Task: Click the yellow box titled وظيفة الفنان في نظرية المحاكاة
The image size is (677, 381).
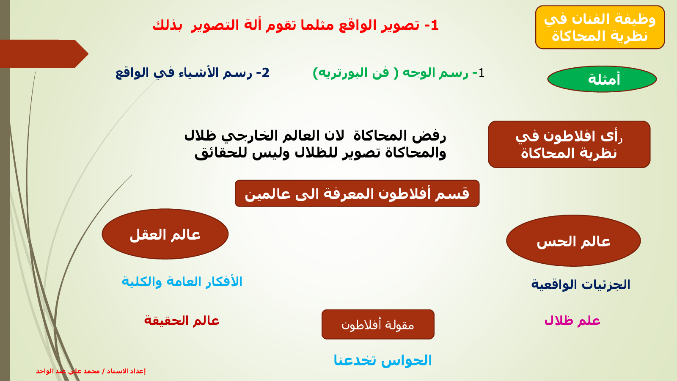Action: click(600, 27)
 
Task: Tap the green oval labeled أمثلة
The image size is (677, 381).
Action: click(602, 79)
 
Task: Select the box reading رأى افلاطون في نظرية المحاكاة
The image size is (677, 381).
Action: click(569, 144)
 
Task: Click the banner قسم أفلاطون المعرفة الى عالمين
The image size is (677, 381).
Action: click(357, 193)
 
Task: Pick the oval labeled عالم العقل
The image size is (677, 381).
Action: click(165, 234)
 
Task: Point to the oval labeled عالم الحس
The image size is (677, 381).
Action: click(573, 241)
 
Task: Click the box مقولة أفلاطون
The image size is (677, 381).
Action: click(378, 324)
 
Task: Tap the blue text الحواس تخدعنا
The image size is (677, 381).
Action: click(383, 360)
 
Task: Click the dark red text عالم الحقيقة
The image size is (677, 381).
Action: click(182, 320)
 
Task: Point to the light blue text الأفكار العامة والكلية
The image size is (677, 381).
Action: click(182, 282)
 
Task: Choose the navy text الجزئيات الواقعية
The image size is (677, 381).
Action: click(581, 285)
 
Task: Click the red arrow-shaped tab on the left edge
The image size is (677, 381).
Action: click(44, 54)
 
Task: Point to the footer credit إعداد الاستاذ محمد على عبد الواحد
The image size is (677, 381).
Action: click(91, 371)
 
